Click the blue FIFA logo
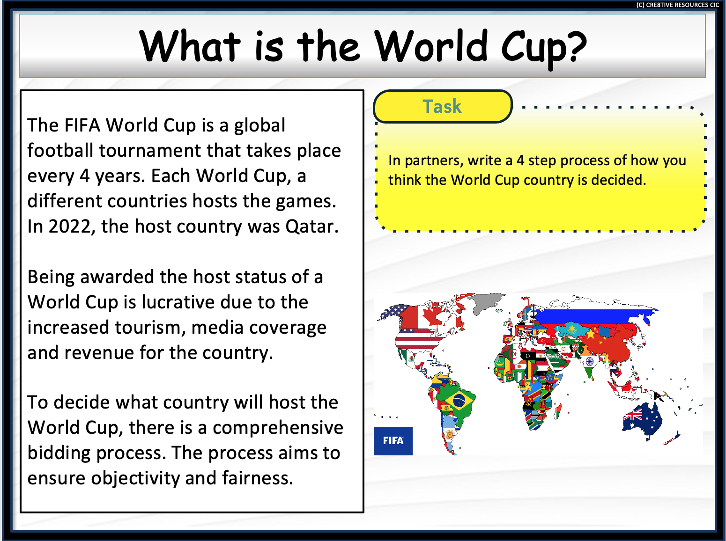click(x=393, y=441)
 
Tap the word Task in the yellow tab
click(x=442, y=107)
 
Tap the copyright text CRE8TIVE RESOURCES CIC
click(x=677, y=5)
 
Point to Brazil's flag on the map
click(x=459, y=400)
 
